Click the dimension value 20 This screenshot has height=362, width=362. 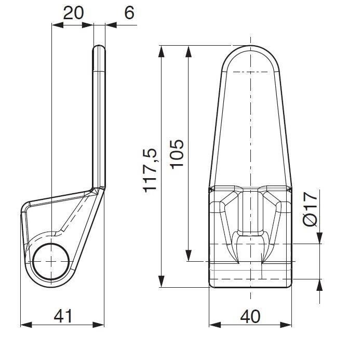pyautogui.click(x=73, y=13)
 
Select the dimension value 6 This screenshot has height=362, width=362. pyautogui.click(x=129, y=12)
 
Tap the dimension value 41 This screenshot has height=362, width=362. pyautogui.click(x=63, y=316)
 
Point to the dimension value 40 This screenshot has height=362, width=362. pyautogui.click(x=250, y=316)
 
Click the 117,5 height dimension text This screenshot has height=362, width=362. pyautogui.click(x=150, y=170)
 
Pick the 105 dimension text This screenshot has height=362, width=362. pyautogui.click(x=177, y=154)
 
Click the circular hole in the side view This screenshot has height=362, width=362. pyautogui.click(x=51, y=261)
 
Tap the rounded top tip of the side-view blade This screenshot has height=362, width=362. pyautogui.click(x=99, y=47)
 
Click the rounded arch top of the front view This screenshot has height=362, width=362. pyautogui.click(x=250, y=46)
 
